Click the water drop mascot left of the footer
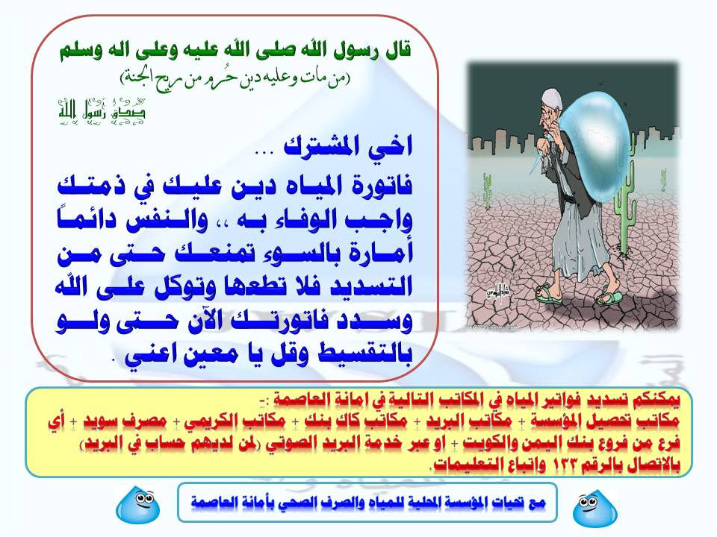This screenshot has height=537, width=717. click(138, 504)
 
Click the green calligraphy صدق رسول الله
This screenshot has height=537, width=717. click(102, 111)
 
